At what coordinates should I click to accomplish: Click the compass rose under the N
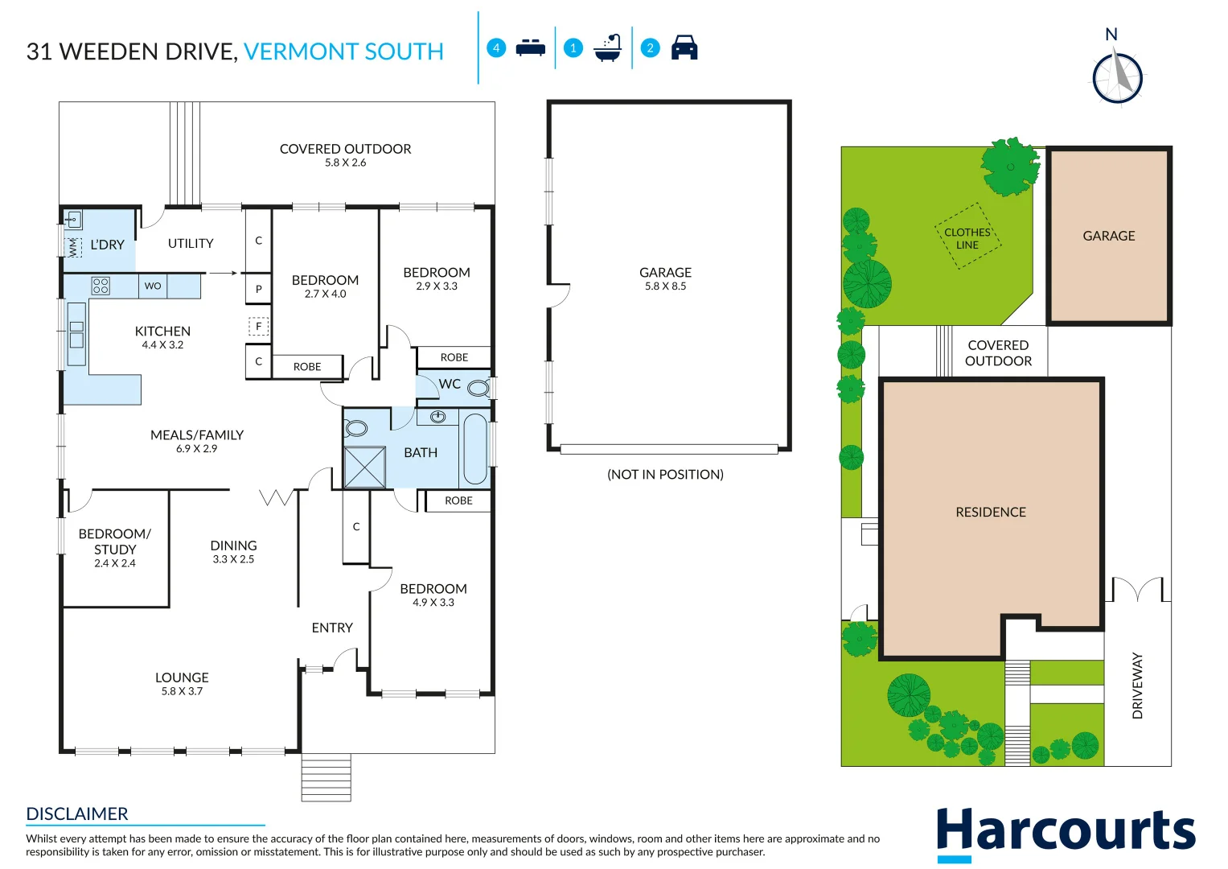1117,77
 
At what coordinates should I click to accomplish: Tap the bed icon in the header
530,47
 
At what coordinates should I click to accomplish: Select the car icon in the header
684,47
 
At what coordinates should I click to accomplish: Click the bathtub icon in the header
608,48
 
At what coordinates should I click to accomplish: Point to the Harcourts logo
1066,832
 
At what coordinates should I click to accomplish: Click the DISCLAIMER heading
77,813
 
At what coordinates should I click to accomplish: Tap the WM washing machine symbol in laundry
73,247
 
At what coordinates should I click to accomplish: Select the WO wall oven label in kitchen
153,286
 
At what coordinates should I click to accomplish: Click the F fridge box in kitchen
258,327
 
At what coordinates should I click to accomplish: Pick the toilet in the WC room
478,389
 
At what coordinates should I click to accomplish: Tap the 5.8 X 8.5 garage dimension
665,286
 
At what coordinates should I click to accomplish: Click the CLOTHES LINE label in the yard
967,238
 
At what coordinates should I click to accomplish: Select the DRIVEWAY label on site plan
1137,686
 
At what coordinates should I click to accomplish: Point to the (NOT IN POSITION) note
665,475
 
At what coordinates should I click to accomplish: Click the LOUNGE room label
182,677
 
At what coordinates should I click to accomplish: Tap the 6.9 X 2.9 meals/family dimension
196,449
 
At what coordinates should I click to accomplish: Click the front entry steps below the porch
326,777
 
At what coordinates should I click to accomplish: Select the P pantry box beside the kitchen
258,289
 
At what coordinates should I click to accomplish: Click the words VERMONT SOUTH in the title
343,51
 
